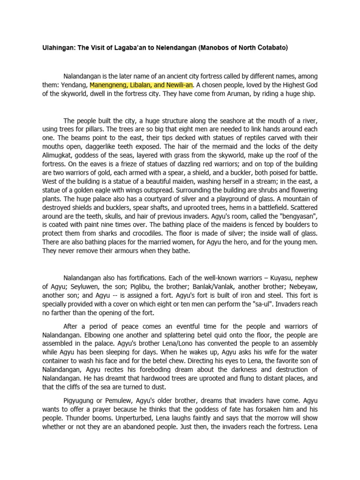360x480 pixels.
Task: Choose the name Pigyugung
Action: pyautogui.click(x=80, y=401)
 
